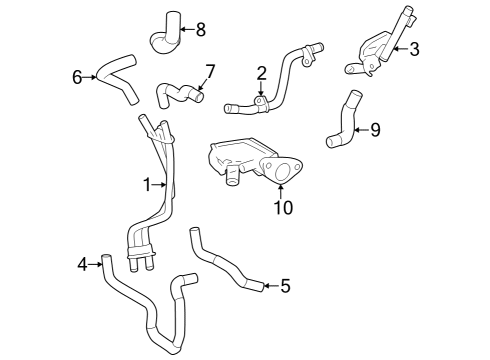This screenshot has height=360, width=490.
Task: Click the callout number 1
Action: coord(146,184)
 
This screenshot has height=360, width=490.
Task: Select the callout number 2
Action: coord(261,73)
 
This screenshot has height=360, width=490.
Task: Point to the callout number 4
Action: coord(83,264)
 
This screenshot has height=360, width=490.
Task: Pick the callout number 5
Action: coord(285,287)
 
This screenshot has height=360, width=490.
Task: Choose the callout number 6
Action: coord(76,76)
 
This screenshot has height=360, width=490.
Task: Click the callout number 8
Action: coord(201,29)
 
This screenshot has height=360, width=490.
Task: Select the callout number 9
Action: coord(375,129)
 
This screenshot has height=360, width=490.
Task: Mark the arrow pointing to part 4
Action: coord(96,264)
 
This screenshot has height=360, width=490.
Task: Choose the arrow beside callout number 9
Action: coord(362,129)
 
